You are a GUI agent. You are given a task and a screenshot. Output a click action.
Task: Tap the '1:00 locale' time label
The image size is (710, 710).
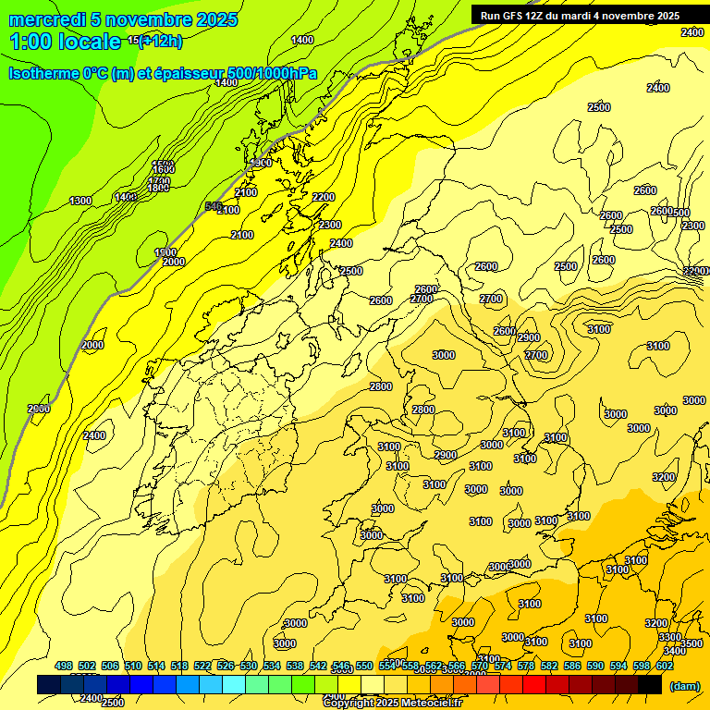(x=65, y=42)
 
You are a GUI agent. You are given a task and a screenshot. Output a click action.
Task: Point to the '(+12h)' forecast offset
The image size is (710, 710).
(x=161, y=41)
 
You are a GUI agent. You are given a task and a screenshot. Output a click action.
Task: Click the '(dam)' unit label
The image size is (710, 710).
(x=683, y=685)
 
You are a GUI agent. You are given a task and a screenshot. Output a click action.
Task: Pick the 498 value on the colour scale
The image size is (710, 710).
(x=64, y=666)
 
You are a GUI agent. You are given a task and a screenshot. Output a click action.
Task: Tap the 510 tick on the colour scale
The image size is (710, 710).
(x=133, y=666)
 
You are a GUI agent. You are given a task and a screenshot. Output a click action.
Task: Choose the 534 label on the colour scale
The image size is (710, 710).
(x=272, y=666)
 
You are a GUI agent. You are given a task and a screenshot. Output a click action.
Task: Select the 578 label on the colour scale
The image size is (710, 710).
(x=526, y=666)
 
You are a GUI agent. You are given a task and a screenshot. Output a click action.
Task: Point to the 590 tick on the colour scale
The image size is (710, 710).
(x=595, y=666)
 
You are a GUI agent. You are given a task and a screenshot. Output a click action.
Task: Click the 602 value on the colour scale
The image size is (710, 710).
(x=665, y=666)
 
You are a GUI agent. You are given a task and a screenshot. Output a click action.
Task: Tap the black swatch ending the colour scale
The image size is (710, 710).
(x=650, y=684)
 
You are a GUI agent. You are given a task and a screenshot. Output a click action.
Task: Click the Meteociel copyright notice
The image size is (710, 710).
(x=392, y=704)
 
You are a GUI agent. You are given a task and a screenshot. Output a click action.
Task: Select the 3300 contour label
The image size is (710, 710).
(x=670, y=637)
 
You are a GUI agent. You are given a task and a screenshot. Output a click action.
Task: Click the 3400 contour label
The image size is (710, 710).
(x=675, y=651)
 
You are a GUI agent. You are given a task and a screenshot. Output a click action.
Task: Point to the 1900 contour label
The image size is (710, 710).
(x=165, y=252)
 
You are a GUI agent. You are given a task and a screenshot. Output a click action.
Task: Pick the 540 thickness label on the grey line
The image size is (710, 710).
(x=214, y=206)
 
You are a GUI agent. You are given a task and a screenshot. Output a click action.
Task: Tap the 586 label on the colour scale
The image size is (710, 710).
(x=572, y=666)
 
